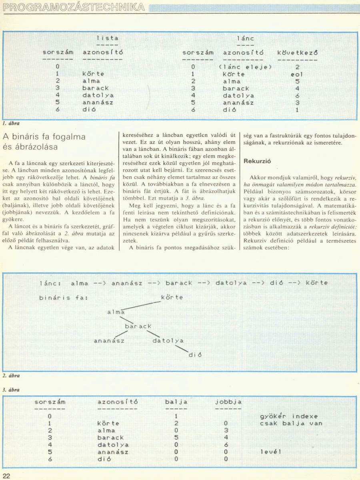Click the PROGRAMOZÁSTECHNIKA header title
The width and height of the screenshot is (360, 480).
(x=74, y=7)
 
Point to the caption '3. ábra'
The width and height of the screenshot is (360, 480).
(x=10, y=389)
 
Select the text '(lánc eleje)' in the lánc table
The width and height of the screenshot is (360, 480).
(x=245, y=67)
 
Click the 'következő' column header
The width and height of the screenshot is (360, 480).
(x=297, y=52)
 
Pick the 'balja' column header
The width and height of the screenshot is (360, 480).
(x=176, y=402)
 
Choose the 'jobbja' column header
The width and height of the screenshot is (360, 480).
(x=228, y=402)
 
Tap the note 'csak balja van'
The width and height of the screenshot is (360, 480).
(x=291, y=423)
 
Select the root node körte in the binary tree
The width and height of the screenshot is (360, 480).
(x=172, y=297)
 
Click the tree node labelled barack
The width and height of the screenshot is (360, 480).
(x=138, y=326)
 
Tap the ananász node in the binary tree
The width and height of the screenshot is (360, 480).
(x=109, y=341)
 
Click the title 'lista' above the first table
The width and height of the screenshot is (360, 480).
(x=107, y=38)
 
